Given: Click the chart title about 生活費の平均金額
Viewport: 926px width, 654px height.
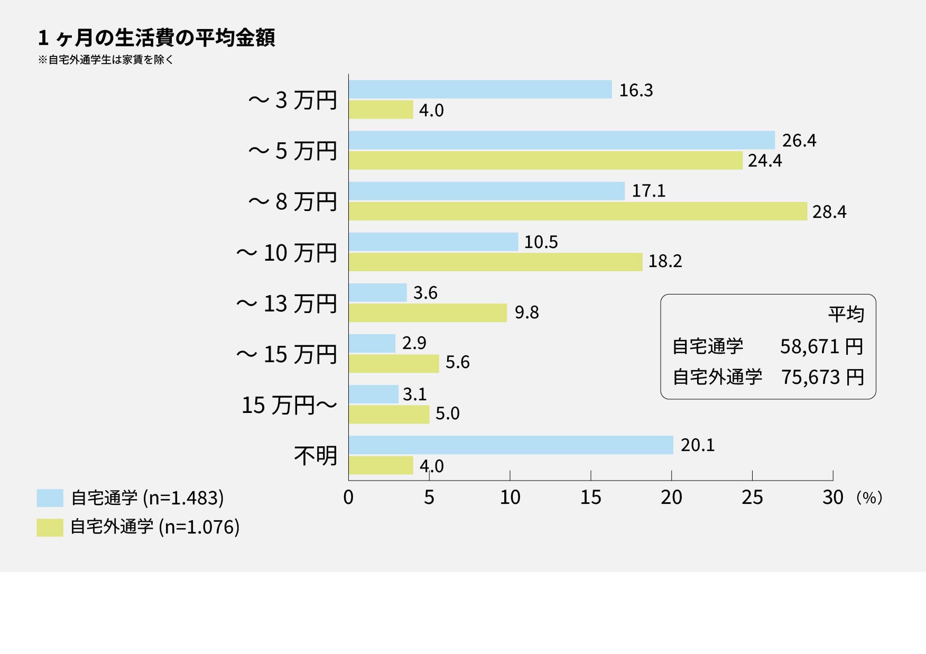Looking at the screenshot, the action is coord(156,38).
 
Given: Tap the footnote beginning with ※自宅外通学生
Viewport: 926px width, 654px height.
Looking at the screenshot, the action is coord(106,60).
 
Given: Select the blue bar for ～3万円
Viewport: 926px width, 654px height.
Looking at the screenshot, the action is coord(480,89).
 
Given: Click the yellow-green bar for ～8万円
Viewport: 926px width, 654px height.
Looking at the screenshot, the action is coord(578,211).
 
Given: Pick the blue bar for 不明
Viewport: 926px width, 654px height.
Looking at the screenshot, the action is coord(511,445).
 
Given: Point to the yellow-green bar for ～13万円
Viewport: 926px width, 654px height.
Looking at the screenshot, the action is coord(428,312).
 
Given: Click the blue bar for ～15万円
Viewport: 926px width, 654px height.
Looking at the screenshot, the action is coord(372,343).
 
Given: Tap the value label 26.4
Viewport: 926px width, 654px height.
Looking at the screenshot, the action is coord(799,141).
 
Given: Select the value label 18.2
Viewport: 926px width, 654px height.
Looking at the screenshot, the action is coord(665,261).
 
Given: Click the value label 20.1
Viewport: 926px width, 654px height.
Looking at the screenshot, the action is coord(698,445).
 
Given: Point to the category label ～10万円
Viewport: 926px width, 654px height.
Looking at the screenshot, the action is coord(286,253).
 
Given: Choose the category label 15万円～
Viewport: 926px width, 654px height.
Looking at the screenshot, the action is coord(289,405).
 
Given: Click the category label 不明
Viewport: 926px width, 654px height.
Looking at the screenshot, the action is coord(316,456).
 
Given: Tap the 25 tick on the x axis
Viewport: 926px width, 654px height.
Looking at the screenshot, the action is coord(752,498).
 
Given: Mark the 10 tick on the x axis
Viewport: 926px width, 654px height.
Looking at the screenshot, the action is coord(510,498).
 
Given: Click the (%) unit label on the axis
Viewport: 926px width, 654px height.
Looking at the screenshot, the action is coord(869,498).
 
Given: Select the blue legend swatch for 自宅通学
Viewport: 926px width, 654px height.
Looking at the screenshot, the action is coord(50,498).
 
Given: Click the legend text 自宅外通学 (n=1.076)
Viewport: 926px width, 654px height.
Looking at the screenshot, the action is coord(155,527).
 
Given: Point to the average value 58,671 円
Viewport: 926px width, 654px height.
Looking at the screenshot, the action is coord(822,347).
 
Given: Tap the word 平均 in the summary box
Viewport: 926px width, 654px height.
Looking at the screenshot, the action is coord(846,314).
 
